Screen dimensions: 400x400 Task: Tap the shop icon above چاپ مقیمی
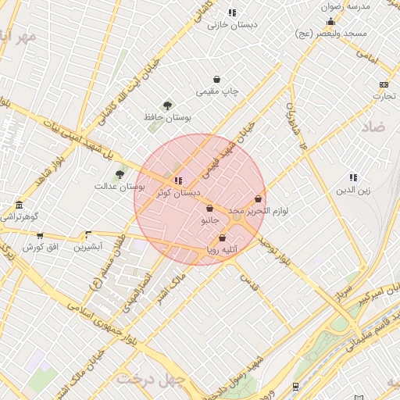[x=216, y=80]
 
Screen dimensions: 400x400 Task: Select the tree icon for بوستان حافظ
[x=167, y=105]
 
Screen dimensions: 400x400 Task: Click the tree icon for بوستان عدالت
[x=120, y=174]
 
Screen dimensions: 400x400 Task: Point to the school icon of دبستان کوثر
[x=178, y=180]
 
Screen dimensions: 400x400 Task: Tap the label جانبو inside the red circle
[x=210, y=221]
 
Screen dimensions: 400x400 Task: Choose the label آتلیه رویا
[x=222, y=250]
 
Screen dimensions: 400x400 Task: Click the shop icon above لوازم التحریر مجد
[x=259, y=199]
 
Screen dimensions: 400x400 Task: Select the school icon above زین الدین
[x=353, y=177]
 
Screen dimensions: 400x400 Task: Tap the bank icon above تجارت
[x=384, y=84]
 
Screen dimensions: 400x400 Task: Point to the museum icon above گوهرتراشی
[x=19, y=205]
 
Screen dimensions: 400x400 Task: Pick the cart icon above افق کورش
[x=40, y=235]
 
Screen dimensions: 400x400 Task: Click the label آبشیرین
[x=87, y=247]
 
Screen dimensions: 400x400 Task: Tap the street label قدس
[x=248, y=278]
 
